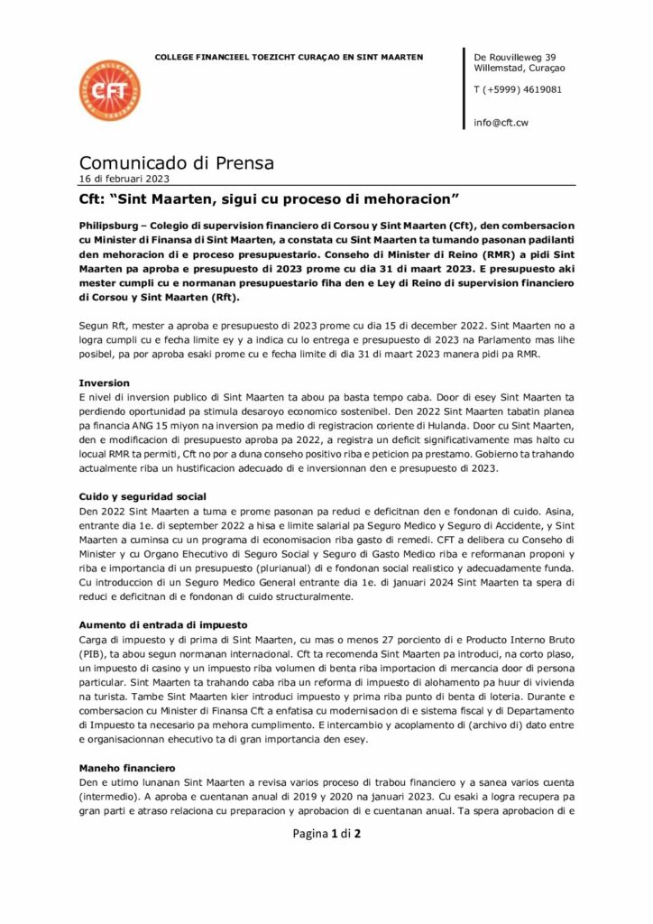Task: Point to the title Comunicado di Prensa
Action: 177,163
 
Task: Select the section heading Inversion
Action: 105,383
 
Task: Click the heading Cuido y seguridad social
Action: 143,496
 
